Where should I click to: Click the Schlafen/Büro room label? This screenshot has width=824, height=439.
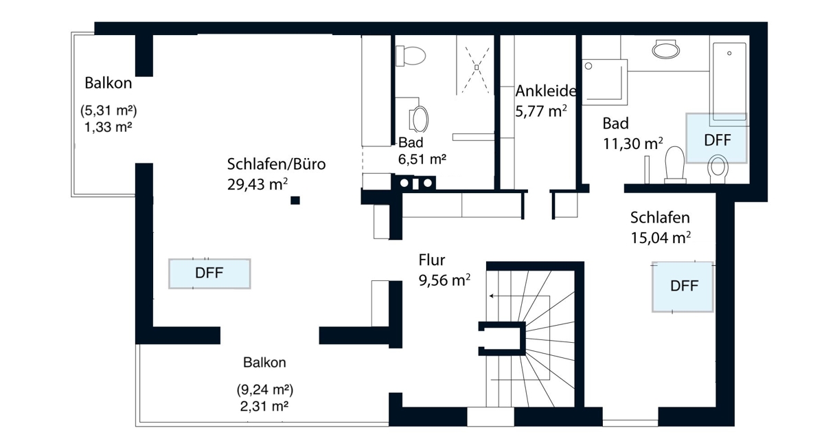(x=276, y=164)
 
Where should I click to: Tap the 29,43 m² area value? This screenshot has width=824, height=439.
(x=257, y=184)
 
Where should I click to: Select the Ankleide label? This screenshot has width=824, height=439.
(x=545, y=91)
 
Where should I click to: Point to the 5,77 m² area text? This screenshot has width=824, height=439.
(x=541, y=111)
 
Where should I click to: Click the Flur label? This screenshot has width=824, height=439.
(x=431, y=260)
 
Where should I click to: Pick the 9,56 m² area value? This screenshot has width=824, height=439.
(x=444, y=280)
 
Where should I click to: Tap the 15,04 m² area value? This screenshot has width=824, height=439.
(x=661, y=238)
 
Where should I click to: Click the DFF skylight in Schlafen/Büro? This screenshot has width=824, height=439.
(x=209, y=273)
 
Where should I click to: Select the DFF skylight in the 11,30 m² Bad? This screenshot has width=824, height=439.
(x=717, y=138)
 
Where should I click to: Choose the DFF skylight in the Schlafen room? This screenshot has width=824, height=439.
(x=683, y=286)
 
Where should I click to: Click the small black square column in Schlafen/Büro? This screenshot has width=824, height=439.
(x=295, y=200)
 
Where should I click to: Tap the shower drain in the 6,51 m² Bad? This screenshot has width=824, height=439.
(x=477, y=67)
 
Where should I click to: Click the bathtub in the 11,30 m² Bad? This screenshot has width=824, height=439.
(x=729, y=82)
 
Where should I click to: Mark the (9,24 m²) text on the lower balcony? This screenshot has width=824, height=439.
(x=265, y=390)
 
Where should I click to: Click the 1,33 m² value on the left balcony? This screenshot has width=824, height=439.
(x=108, y=127)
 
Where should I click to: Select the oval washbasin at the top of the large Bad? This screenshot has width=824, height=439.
(x=666, y=49)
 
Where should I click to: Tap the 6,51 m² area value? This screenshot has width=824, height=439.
(x=422, y=159)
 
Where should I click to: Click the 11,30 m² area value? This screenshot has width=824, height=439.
(x=632, y=144)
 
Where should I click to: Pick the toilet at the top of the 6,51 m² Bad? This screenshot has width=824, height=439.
(x=411, y=56)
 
